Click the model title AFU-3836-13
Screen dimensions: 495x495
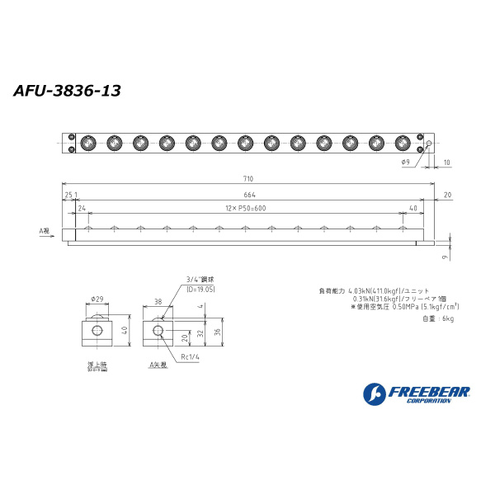pyautogui.click(x=67, y=91)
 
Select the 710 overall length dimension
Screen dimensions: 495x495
pyautogui.click(x=247, y=179)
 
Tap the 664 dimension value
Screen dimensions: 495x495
pyautogui.click(x=247, y=196)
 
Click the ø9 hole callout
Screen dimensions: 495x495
pyautogui.click(x=406, y=163)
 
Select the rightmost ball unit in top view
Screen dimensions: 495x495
pyautogui.click(x=403, y=143)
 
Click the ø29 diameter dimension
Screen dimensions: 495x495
pyautogui.click(x=97, y=299)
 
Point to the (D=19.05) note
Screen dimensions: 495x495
pyautogui.click(x=200, y=290)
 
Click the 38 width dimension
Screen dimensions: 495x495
pyautogui.click(x=158, y=302)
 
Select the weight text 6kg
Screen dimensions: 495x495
pyautogui.click(x=438, y=318)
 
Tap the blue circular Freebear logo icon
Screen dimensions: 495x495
pyautogui.click(x=375, y=394)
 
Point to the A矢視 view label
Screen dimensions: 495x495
pyautogui.click(x=158, y=364)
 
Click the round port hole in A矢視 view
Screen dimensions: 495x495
pyautogui.click(x=158, y=331)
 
